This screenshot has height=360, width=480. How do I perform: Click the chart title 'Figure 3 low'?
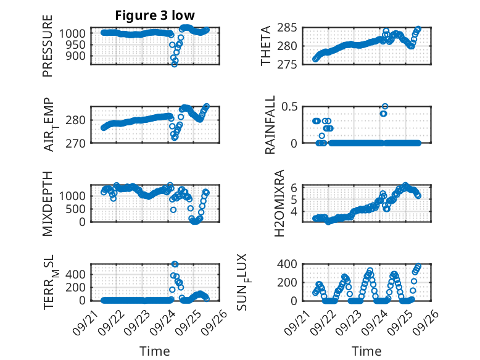[155, 15]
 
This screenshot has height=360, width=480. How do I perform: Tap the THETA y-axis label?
[267, 46]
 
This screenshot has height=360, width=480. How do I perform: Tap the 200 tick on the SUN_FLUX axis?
[291, 282]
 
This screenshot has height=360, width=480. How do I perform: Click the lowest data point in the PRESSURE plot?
[175, 64]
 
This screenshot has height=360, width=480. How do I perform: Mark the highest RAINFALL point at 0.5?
[385, 106]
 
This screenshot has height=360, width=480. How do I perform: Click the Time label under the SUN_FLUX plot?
[366, 351]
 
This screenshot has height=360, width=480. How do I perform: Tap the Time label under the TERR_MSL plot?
[155, 351]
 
